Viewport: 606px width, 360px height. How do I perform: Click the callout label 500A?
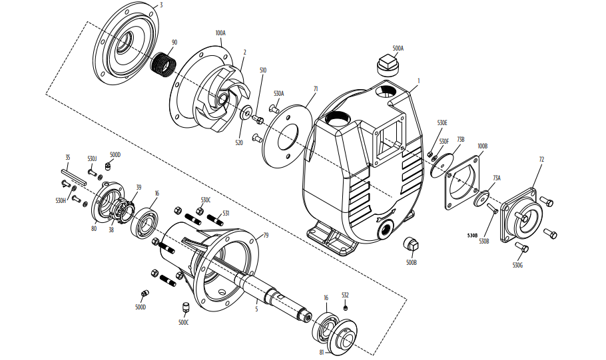[398, 49]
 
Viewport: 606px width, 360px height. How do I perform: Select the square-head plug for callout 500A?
[387, 65]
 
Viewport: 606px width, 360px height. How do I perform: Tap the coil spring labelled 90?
[162, 65]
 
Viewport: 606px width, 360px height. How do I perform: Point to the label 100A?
[220, 33]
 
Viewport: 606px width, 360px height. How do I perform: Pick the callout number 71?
[316, 89]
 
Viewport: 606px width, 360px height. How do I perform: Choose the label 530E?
[442, 123]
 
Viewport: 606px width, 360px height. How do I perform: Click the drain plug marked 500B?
[412, 244]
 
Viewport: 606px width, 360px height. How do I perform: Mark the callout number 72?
[541, 159]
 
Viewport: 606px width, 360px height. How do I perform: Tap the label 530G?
[518, 266]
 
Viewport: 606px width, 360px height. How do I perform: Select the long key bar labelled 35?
[74, 176]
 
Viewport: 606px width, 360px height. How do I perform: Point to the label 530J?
[92, 158]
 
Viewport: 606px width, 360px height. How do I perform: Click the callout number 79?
[266, 235]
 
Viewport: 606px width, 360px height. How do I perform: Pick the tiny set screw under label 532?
[346, 307]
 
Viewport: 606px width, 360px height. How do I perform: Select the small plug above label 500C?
[186, 308]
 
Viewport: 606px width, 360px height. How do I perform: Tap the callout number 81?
[322, 352]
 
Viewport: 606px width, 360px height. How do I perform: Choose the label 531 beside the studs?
[226, 213]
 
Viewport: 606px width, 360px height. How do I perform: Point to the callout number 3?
[161, 5]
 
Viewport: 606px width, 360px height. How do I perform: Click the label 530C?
[206, 200]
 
